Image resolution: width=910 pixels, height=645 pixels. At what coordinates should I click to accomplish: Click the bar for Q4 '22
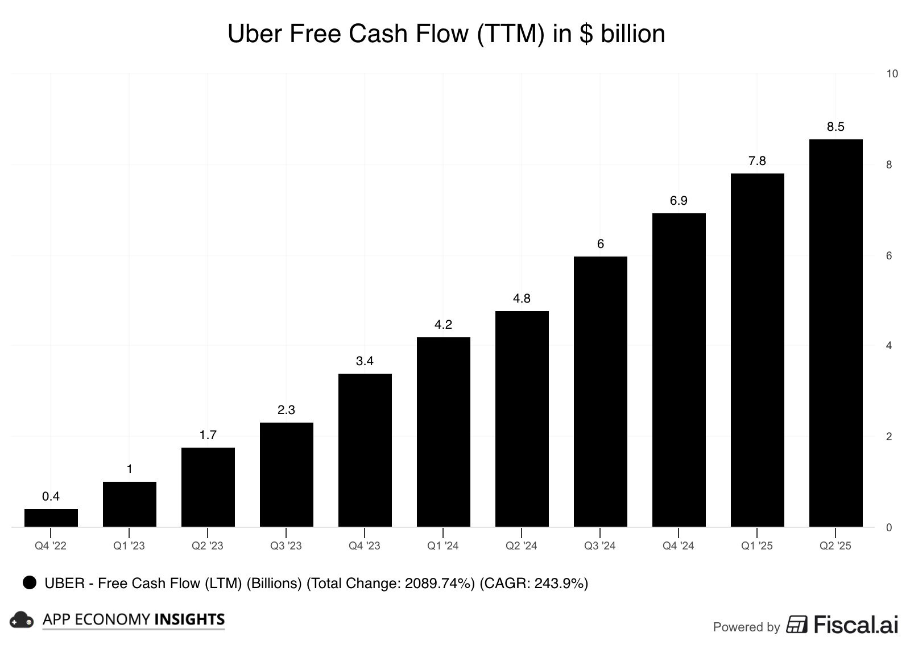51,518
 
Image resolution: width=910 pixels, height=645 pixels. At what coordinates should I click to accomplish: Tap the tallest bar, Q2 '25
835,333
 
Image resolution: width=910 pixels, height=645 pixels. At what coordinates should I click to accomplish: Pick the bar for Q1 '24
443,432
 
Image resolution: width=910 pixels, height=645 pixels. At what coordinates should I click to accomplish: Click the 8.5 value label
835,127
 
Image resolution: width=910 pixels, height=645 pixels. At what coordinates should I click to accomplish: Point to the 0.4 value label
51,497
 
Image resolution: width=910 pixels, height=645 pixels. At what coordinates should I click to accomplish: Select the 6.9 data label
679,201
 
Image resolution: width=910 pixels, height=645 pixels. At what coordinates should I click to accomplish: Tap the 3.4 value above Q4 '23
365,361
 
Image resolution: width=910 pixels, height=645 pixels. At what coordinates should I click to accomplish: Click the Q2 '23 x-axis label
208,546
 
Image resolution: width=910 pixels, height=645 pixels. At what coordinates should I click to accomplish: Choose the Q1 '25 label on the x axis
756,546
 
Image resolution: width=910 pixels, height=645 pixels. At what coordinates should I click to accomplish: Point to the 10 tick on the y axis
892,73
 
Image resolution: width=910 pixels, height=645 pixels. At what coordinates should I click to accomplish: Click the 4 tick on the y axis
888,346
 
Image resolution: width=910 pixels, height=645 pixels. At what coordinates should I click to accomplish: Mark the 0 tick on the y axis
888,528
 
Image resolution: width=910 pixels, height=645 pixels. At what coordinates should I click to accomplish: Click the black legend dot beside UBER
30,582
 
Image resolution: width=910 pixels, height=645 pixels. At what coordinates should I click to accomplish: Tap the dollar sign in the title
586,34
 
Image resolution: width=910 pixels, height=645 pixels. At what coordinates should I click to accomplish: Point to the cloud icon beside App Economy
22,620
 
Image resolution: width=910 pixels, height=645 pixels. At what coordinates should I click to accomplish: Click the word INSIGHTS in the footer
190,619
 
